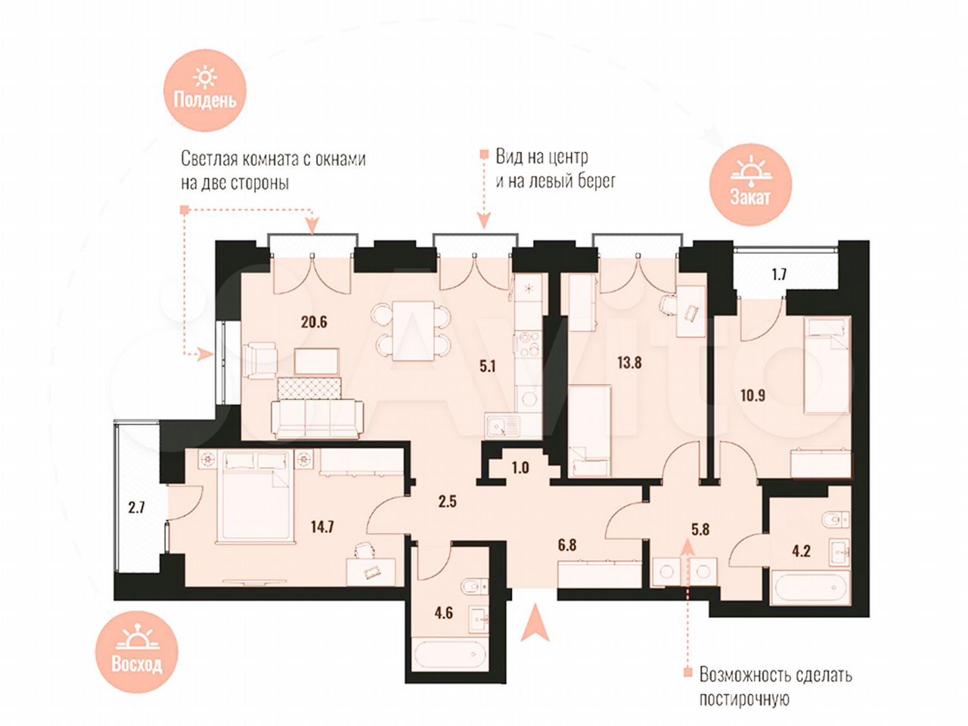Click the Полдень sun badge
click(205, 90)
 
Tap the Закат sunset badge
click(750, 185)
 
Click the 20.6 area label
click(314, 322)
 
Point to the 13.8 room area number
click(629, 363)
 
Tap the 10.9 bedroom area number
click(752, 396)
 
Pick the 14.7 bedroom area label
click(321, 526)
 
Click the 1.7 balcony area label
click(779, 275)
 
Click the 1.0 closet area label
click(520, 467)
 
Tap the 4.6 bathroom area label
click(443, 613)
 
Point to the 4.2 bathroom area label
click(801, 551)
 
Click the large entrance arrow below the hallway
click(535, 622)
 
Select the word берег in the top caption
click(597, 180)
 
